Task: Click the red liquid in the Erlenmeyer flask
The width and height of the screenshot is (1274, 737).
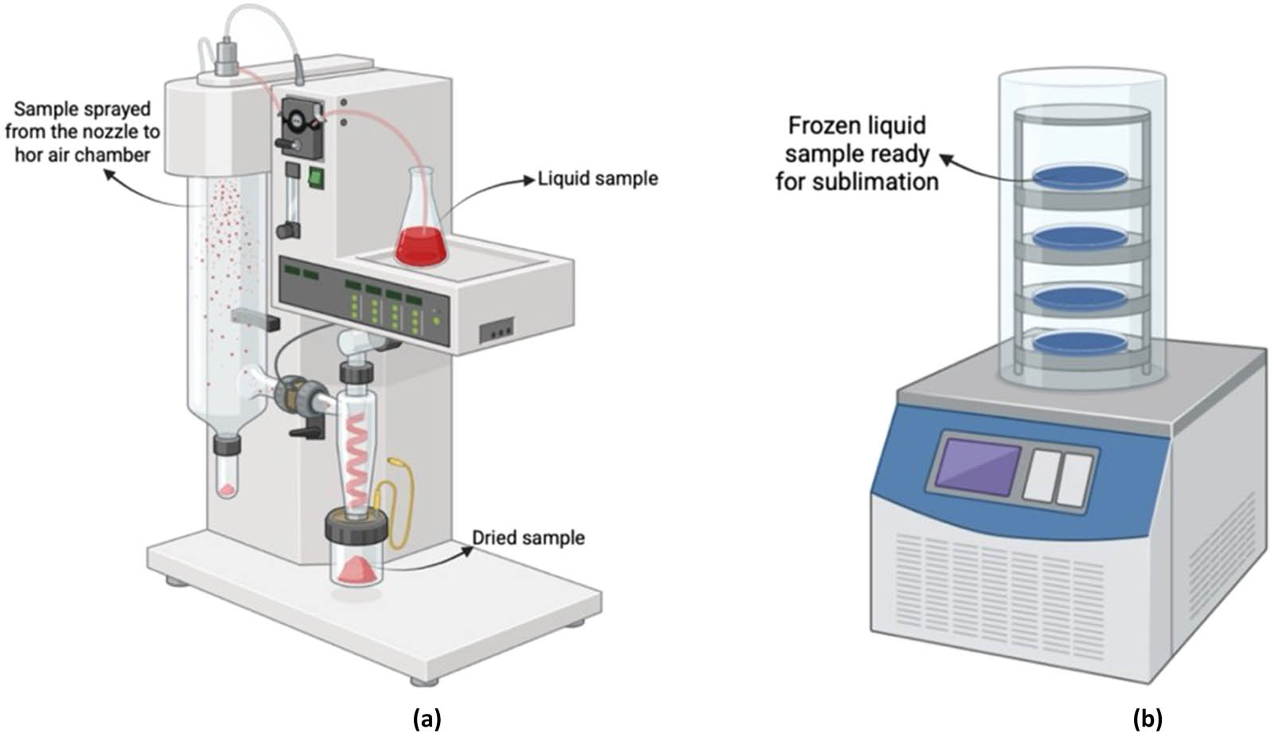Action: coord(421,247)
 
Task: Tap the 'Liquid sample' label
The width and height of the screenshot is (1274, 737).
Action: coord(598,178)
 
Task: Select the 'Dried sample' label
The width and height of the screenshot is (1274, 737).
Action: coord(528,538)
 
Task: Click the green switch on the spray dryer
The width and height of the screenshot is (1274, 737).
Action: coord(317,177)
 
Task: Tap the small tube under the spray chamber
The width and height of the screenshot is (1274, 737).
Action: coord(227,474)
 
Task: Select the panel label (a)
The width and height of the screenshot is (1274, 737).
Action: coord(427,719)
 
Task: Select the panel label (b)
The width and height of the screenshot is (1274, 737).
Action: coord(1147,719)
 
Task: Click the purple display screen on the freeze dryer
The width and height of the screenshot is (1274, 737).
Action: coord(978,466)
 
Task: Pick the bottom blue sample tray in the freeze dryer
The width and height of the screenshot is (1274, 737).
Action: coord(1081,342)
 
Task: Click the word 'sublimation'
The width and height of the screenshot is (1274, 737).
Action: coord(875,182)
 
